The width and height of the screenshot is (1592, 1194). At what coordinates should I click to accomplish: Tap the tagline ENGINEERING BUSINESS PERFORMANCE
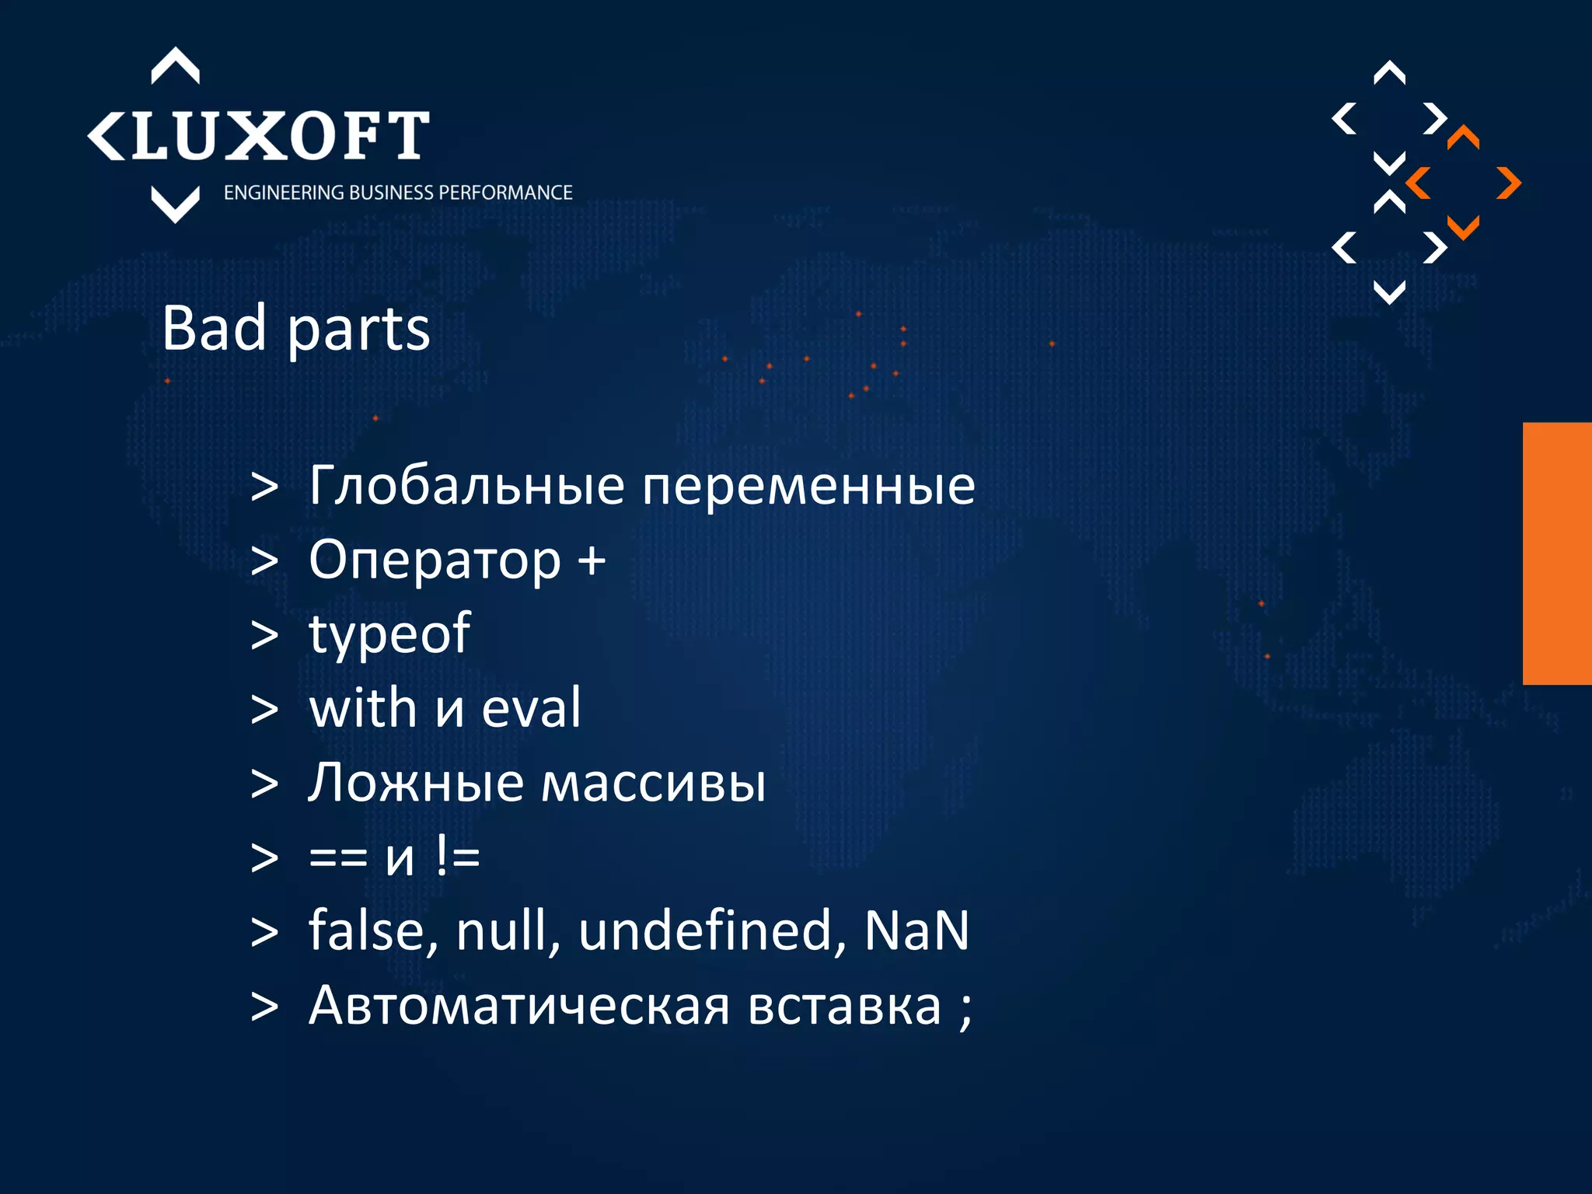coord(398,193)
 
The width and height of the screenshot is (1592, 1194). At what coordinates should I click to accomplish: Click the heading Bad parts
coord(295,329)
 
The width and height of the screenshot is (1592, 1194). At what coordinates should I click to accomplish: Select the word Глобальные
coord(466,486)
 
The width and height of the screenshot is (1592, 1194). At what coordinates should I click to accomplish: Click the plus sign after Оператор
coord(592,560)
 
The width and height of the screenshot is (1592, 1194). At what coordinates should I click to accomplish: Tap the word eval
coord(531,708)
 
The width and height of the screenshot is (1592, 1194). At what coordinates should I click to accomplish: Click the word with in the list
coord(362,708)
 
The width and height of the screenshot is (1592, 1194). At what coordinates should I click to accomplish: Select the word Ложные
coord(416,783)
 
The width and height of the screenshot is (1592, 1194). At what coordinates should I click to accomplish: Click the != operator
coord(458,857)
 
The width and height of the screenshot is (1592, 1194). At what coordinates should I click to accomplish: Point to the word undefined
coord(712,930)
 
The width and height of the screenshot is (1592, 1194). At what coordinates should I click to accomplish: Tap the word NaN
coord(916,930)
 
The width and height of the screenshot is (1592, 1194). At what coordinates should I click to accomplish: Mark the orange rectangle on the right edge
coord(1557,553)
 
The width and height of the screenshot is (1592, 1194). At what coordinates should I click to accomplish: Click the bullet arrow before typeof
coord(264,635)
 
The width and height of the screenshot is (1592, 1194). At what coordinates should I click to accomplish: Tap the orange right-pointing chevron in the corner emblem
coord(1509,183)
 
